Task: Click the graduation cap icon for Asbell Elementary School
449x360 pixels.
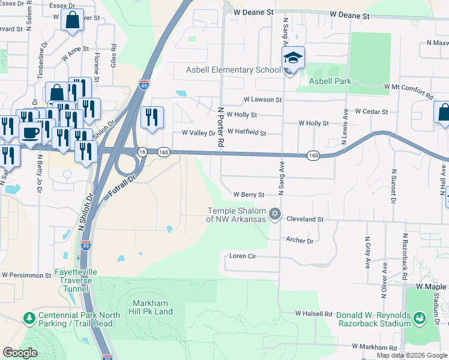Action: (292, 58)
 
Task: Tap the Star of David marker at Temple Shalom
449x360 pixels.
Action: (275, 214)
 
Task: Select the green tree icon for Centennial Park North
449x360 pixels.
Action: (28, 316)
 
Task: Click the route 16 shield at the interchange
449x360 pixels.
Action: (142, 152)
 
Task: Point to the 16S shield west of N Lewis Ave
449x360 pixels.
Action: (313, 155)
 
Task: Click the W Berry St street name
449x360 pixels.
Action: (249, 194)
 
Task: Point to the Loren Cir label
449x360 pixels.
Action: (243, 256)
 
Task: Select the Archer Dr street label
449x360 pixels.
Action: (300, 241)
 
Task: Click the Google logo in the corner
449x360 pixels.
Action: (20, 353)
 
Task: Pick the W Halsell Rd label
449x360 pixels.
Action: (313, 314)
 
